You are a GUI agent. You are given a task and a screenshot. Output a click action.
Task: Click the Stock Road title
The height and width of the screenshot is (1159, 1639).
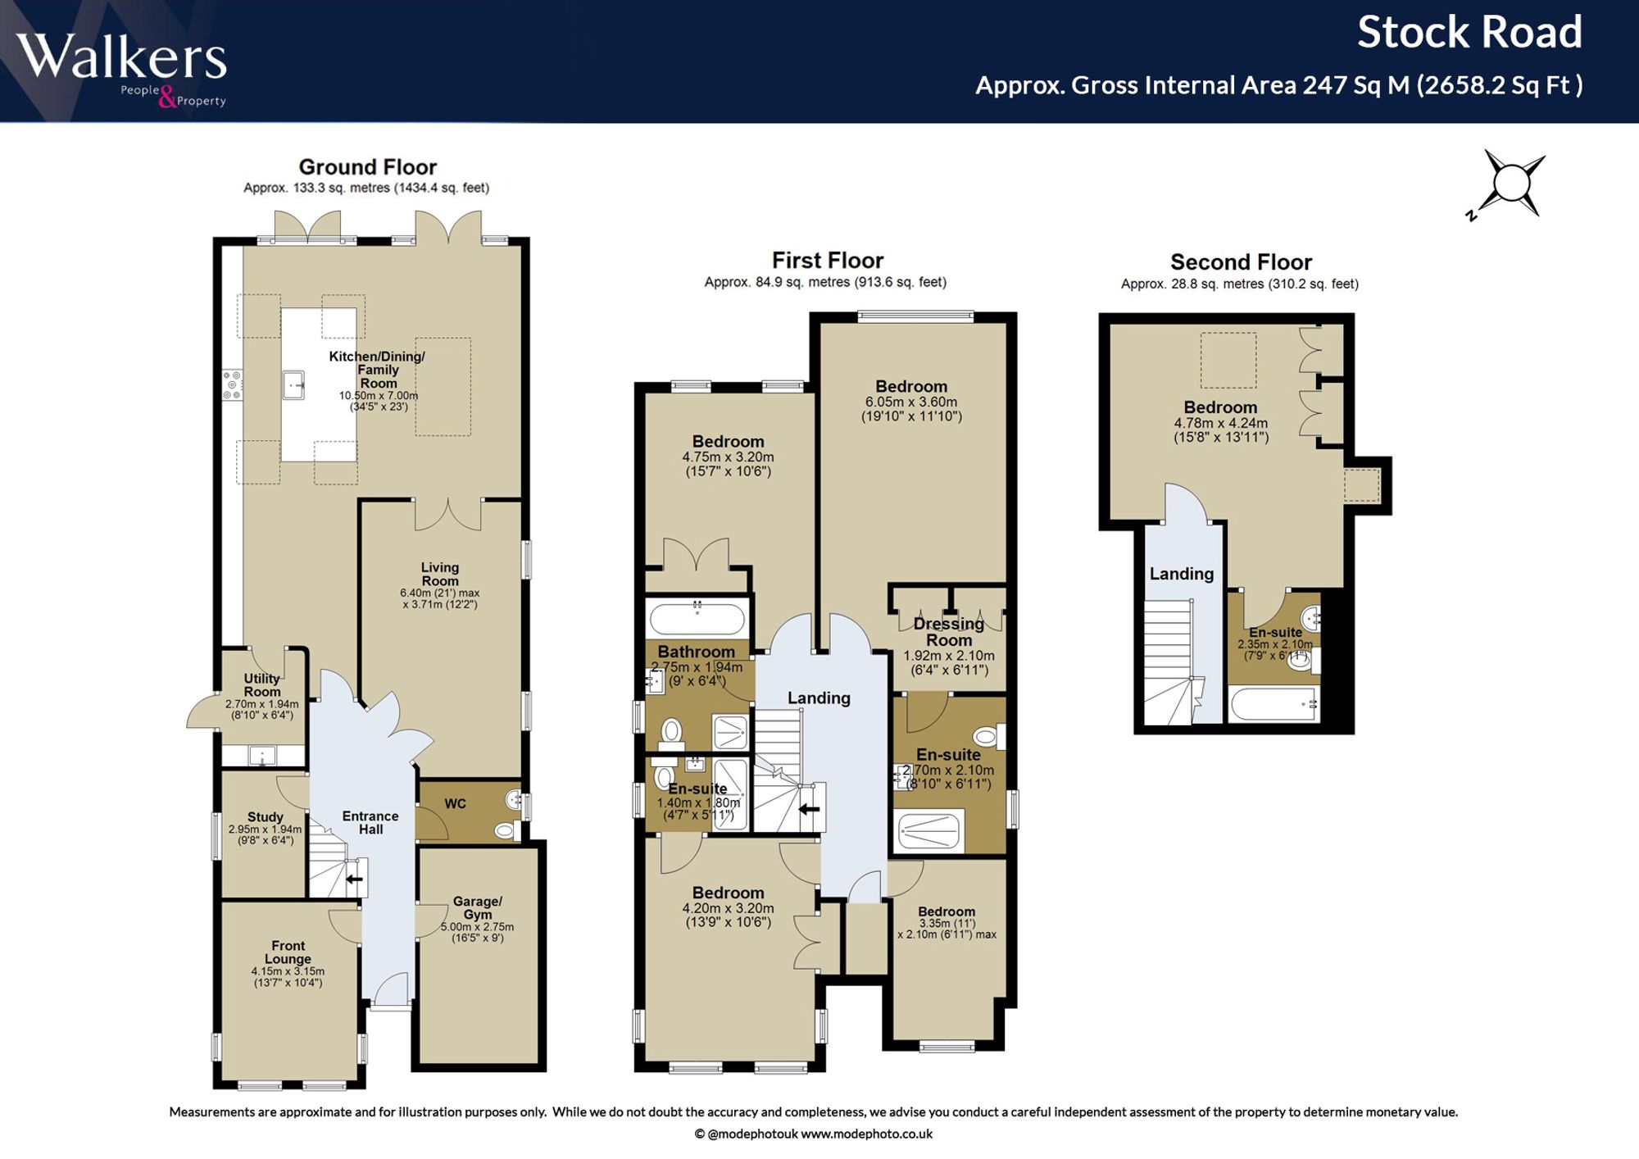pos(1469,33)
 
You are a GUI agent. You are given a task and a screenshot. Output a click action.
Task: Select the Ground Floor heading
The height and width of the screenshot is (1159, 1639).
pos(367,167)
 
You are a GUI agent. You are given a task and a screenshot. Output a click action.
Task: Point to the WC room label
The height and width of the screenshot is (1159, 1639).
pos(455,804)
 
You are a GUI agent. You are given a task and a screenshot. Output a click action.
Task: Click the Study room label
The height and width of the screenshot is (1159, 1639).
pos(265,817)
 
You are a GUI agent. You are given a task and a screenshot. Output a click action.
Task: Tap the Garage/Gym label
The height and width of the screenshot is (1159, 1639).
pos(478,908)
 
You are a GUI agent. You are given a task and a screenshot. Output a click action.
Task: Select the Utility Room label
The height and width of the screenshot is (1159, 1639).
pos(262,685)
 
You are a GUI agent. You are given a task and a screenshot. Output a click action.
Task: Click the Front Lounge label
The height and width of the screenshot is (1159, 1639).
pos(288,952)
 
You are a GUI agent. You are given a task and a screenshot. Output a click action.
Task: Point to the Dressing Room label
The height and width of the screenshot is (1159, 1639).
pos(949,632)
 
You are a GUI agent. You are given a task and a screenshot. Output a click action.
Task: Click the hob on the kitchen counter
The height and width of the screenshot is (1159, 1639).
pos(232,384)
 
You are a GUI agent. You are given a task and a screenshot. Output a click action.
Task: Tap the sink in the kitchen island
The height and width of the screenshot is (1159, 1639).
pos(293,384)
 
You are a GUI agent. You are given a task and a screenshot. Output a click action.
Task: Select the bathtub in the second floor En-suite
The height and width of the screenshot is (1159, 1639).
pos(1274,704)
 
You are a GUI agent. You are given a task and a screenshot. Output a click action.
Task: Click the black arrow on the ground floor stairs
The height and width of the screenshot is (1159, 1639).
pos(354,879)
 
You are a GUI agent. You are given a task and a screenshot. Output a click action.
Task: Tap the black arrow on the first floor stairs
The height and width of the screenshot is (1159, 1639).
pos(809,810)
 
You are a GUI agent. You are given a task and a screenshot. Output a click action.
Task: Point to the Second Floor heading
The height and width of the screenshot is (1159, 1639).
pos(1241,262)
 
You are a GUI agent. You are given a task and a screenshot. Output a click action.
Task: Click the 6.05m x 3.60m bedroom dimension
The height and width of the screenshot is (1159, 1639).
pos(911,402)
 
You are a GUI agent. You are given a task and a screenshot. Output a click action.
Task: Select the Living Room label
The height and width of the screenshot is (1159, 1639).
pos(440,574)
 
